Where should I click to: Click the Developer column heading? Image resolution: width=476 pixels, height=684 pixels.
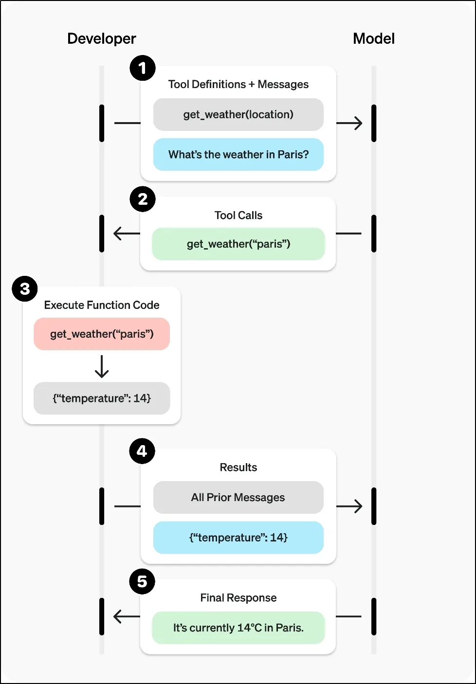click(102, 39)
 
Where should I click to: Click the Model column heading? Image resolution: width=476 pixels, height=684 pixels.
click(374, 38)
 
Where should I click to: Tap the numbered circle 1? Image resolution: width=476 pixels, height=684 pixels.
click(143, 68)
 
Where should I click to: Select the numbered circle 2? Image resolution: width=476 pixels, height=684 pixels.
click(143, 199)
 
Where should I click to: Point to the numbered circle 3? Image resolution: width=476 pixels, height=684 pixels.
click(25, 288)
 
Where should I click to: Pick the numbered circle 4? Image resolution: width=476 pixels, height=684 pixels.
click(142, 451)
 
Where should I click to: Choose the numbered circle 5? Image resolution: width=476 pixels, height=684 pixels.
click(142, 581)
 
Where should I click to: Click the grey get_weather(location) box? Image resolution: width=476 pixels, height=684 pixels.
click(238, 114)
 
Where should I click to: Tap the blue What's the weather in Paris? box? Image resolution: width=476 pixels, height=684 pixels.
click(238, 154)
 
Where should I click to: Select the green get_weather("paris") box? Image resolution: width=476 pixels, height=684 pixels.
click(238, 244)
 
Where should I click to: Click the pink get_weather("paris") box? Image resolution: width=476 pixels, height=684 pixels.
click(102, 334)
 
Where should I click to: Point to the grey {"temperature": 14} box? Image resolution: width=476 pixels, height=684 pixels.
click(102, 398)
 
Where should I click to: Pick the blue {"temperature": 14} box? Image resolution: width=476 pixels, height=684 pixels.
click(238, 538)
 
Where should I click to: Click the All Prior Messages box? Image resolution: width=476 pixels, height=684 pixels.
click(238, 497)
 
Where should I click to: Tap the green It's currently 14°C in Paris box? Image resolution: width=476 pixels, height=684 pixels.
click(238, 628)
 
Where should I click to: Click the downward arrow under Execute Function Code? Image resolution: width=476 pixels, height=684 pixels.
click(102, 366)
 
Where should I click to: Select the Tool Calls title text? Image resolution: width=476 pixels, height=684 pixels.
click(238, 216)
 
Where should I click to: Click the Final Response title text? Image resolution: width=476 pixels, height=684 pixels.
click(238, 597)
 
